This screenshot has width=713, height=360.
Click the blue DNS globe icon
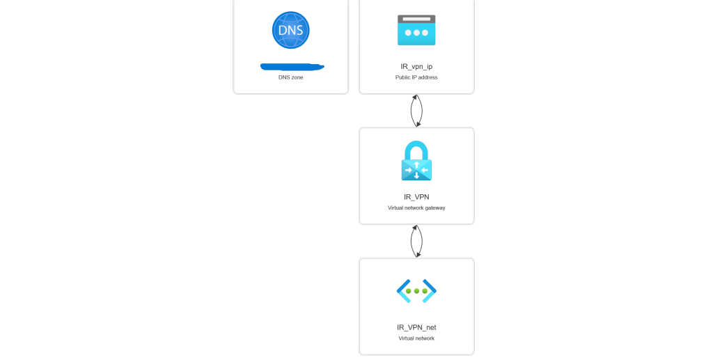(290, 30)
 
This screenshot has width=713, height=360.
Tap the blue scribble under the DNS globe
(291, 67)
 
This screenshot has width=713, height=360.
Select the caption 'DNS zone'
(290, 77)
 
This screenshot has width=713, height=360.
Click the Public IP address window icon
(416, 30)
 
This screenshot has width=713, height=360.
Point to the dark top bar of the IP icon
(416, 18)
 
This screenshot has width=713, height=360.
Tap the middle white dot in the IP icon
(416, 33)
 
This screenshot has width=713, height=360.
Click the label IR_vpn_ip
(416, 66)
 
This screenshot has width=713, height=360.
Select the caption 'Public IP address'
(416, 77)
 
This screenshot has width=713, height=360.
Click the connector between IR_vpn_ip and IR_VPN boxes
(416, 111)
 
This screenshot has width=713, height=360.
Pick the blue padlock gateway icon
(416, 162)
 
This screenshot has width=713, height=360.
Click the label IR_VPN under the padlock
(416, 197)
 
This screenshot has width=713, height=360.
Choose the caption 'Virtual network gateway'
(416, 208)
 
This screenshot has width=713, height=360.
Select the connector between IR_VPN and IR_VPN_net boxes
(416, 241)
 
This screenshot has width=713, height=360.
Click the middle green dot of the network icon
(416, 291)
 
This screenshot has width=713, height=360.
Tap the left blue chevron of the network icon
(403, 291)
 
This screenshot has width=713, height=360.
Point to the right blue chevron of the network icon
(430, 291)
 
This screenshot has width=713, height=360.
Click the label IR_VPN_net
(416, 327)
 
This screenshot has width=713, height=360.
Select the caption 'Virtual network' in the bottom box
(416, 338)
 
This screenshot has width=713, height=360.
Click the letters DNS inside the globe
(290, 31)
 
